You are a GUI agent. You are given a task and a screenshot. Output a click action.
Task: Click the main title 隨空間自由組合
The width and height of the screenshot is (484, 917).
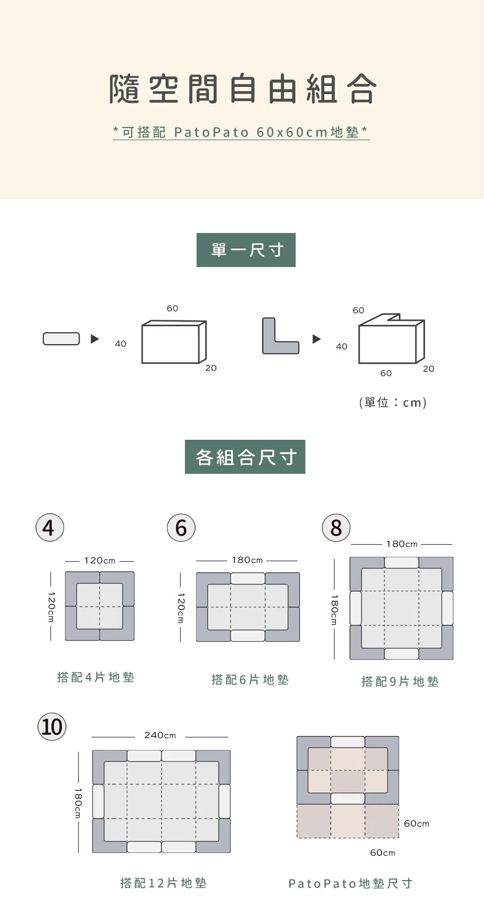242,89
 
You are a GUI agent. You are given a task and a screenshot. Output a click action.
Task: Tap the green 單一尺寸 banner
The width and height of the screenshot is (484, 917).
246,250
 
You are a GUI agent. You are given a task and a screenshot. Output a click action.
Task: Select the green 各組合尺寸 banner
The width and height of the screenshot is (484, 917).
245,457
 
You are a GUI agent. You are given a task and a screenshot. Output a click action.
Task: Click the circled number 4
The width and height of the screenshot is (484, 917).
50,528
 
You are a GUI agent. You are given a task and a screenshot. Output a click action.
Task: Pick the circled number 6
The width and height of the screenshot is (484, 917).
181,528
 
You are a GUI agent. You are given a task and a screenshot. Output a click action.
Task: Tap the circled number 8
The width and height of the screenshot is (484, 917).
336,528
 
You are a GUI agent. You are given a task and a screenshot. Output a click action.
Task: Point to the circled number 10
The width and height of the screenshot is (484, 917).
52,727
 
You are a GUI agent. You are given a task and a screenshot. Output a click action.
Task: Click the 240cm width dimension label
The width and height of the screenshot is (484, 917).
160,735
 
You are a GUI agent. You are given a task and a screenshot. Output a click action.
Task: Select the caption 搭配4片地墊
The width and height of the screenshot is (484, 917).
96,677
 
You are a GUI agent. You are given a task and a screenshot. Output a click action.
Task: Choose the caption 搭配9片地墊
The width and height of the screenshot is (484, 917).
400,682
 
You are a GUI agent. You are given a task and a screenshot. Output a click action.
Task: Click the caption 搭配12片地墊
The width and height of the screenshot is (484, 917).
163,883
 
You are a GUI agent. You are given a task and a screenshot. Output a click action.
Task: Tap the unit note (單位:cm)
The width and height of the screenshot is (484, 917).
393,402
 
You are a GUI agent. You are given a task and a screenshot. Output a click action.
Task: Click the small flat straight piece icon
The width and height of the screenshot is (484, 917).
61,338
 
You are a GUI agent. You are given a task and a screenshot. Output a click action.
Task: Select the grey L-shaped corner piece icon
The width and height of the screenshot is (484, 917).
280,336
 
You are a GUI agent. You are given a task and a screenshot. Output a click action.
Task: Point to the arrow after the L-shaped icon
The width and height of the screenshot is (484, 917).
317,339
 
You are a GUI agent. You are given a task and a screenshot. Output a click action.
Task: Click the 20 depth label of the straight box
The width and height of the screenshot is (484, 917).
211,368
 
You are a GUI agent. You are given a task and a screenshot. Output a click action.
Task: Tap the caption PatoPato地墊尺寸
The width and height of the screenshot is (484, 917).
350,883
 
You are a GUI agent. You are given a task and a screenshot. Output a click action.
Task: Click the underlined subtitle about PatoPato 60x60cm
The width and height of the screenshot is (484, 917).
241,132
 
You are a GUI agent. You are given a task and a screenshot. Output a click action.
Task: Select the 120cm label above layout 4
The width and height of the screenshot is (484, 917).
100,560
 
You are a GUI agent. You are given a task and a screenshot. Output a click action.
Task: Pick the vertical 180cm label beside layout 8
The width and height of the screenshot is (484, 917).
334,610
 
